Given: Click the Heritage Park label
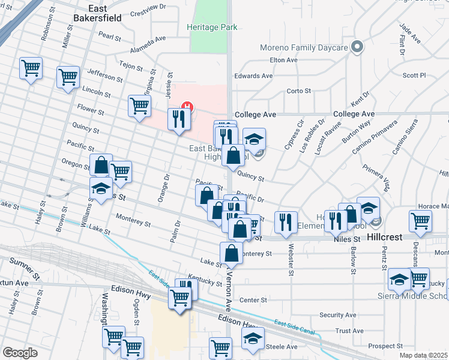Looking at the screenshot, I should [x=212, y=27].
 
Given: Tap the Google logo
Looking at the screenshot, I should [x=20, y=353].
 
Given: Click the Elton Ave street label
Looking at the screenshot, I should [x=284, y=60].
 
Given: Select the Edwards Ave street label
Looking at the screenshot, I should [x=253, y=76].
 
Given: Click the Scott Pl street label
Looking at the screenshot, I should [x=414, y=76].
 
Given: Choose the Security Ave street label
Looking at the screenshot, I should [x=338, y=315].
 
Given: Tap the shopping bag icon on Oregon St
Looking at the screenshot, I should [x=101, y=165].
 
